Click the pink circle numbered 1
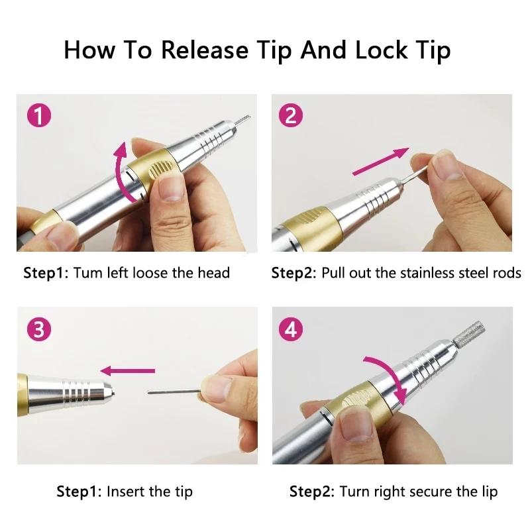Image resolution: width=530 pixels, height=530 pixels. (40, 116)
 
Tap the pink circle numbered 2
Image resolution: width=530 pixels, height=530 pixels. (291, 116)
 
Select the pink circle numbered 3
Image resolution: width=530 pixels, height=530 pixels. (38, 329)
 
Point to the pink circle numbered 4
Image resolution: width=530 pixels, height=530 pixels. (291, 329)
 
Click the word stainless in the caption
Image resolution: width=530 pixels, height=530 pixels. (409, 273)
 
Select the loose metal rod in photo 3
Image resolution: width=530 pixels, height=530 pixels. (174, 390)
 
